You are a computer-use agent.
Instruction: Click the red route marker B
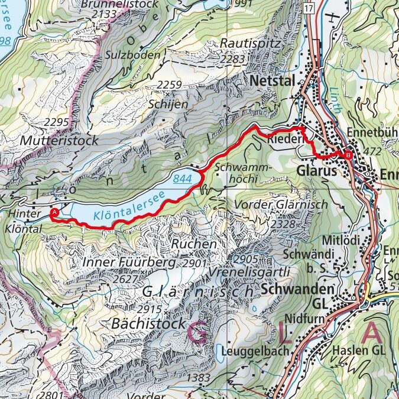(x=348, y=155)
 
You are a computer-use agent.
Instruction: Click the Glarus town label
(x=314, y=170)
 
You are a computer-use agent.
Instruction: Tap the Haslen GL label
(x=358, y=351)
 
